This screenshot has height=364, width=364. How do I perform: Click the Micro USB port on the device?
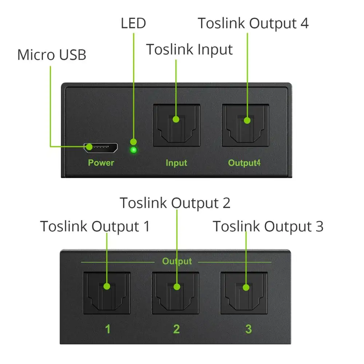[101, 147]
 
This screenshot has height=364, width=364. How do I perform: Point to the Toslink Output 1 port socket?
[107, 293]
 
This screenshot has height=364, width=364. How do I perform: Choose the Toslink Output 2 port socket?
[175, 293]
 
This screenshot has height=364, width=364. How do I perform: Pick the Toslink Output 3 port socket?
[244, 293]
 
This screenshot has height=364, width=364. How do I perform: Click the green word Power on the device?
[101, 163]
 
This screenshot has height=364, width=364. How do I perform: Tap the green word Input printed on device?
[176, 163]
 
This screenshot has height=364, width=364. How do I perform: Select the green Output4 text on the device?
[244, 163]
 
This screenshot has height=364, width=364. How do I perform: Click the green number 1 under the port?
[108, 329]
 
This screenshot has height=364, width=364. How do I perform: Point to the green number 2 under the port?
[176, 329]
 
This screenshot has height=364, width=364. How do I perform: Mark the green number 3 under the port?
[248, 329]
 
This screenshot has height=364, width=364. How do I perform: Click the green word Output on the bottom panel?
[177, 261]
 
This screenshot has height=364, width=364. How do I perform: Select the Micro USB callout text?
[52, 55]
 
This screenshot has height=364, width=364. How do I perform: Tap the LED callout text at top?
[133, 23]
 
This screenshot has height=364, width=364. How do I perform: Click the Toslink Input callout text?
[189, 49]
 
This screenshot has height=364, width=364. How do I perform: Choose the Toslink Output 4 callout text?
[253, 23]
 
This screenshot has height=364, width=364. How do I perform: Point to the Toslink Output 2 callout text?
[175, 203]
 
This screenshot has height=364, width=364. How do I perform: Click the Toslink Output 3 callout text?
[268, 226]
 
